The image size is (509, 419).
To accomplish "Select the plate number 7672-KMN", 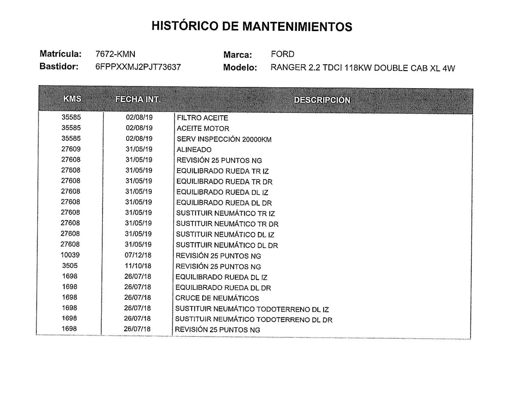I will tap(115, 54).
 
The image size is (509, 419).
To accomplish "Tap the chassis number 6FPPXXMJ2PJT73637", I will tap(138, 67).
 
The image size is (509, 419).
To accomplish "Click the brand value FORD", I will tap(282, 54).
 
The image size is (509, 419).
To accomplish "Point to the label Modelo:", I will tap(240, 67).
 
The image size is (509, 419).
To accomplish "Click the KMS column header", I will tap(72, 99).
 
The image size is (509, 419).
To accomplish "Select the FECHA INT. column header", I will tap(138, 99).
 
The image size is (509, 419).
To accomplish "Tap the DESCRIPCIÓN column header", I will tap(322, 100).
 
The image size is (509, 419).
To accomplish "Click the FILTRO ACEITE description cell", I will tap(202, 118).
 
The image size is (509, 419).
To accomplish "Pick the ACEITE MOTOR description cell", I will tap(203, 128).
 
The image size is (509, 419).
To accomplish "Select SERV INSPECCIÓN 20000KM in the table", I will tap(224, 139).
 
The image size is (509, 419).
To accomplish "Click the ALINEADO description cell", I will tap(194, 150).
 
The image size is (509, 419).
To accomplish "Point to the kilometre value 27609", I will tap(71, 149).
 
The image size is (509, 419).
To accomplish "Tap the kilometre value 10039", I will tap(70, 255).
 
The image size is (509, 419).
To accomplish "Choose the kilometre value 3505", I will tap(70, 265).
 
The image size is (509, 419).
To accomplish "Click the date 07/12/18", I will tap(138, 255).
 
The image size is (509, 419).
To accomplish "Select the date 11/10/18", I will tap(138, 265).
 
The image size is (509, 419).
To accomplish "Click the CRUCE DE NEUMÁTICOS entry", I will tap(217, 298).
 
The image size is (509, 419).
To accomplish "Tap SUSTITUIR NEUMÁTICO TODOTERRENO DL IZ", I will tap(252, 309).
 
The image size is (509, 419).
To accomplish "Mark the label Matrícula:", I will tap(60, 54).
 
